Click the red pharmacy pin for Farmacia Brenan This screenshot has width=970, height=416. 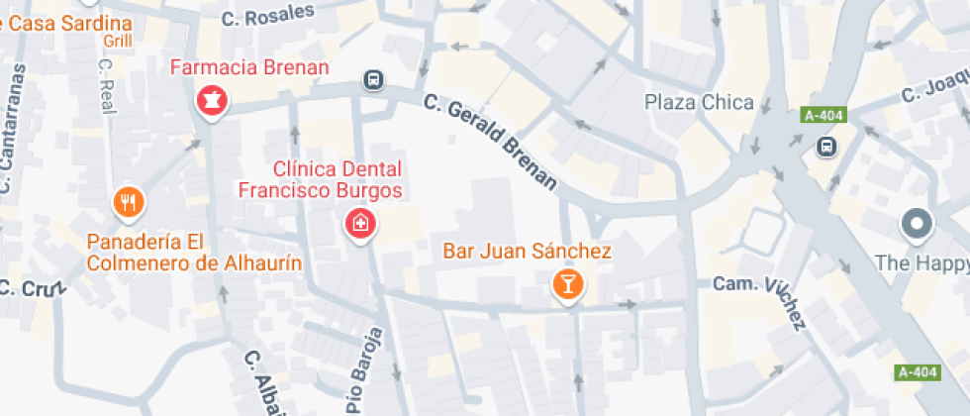(211, 99)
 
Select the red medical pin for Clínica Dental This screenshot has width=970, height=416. (360, 224)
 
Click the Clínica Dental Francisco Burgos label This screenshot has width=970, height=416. (322, 179)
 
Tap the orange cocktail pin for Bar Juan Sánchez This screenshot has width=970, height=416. (568, 285)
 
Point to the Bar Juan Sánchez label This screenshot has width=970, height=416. (526, 252)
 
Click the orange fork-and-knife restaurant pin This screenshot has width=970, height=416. (128, 202)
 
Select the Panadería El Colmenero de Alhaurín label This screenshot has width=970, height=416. (194, 253)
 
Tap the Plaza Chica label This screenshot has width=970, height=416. (699, 102)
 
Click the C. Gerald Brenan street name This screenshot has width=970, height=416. (491, 141)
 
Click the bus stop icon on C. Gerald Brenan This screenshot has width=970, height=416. (374, 79)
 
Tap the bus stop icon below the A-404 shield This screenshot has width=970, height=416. (824, 148)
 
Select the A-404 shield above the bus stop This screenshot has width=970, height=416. (824, 116)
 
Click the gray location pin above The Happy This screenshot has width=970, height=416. (917, 225)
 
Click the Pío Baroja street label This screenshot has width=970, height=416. (362, 370)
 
